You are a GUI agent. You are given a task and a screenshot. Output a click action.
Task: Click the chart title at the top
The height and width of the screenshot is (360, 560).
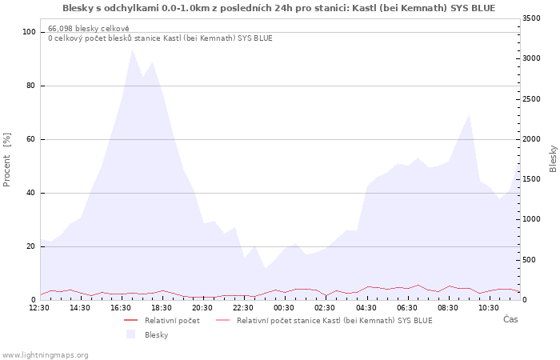279,8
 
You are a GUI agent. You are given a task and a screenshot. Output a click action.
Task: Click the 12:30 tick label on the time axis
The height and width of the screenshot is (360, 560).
39,308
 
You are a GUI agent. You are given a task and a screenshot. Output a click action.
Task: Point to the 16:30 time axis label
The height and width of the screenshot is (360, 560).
121,308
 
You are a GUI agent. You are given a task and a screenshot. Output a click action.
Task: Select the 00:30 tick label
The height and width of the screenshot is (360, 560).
284,308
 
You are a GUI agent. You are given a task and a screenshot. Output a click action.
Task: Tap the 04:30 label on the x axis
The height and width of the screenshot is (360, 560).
366,308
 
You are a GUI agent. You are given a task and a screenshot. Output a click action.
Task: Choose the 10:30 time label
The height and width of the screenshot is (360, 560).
489,308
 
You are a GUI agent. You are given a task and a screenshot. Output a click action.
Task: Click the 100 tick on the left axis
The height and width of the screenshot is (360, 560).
29,32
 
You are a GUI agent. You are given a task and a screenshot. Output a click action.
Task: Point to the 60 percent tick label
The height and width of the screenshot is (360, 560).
30,139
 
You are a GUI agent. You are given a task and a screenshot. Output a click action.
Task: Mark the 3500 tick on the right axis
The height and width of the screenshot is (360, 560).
531,18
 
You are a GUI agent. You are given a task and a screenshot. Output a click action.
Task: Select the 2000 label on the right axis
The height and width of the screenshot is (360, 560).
531,139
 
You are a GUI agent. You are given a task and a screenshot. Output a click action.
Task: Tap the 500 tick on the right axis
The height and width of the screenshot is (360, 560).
530,260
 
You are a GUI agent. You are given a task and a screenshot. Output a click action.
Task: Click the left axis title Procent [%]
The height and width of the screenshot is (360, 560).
6,160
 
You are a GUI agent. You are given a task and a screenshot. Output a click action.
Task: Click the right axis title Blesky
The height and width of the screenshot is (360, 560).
553,159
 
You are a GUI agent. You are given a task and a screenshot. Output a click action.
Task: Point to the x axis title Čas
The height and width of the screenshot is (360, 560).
510,319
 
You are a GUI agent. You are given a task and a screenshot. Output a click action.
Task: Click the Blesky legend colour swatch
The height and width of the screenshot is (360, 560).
130,334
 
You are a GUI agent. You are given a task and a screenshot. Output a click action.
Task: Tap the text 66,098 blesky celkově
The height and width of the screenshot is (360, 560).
89,29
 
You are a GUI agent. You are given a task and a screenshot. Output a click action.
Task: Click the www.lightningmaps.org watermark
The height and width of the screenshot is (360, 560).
44,355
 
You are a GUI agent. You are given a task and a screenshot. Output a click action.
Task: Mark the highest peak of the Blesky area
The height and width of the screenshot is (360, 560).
133,49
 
